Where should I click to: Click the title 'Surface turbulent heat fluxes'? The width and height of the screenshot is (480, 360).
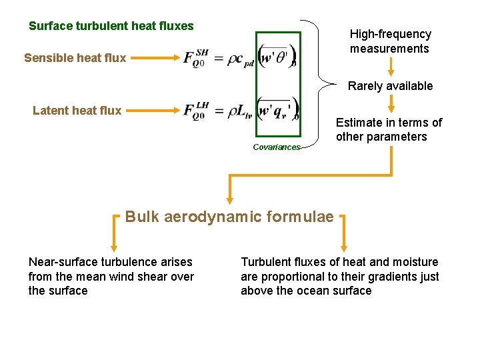coord(111,27)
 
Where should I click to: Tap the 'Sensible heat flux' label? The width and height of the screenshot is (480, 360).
coord(75,58)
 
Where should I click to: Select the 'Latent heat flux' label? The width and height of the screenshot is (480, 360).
coord(77,111)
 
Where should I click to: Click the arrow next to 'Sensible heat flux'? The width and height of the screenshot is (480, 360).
coord(153,58)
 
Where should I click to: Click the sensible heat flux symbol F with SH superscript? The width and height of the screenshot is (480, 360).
coord(195,57)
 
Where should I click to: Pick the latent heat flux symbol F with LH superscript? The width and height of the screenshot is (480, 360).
coord(196,111)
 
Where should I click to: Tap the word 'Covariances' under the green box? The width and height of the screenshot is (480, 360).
coord(277,147)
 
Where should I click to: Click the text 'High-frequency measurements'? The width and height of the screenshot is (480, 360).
coord(391,41)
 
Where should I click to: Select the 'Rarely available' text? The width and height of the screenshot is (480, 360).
coord(390,86)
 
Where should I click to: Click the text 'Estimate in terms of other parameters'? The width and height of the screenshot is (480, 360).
coord(389,130)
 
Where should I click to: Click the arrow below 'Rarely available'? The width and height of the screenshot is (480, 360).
coord(391,103)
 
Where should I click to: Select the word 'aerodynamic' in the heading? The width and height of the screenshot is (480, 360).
coord(211,217)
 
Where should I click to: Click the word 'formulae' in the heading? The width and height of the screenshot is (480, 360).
coord(300,217)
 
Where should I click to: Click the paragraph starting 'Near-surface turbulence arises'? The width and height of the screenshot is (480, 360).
coord(111,277)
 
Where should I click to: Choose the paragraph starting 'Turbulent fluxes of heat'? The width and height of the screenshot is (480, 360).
coord(339,277)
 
